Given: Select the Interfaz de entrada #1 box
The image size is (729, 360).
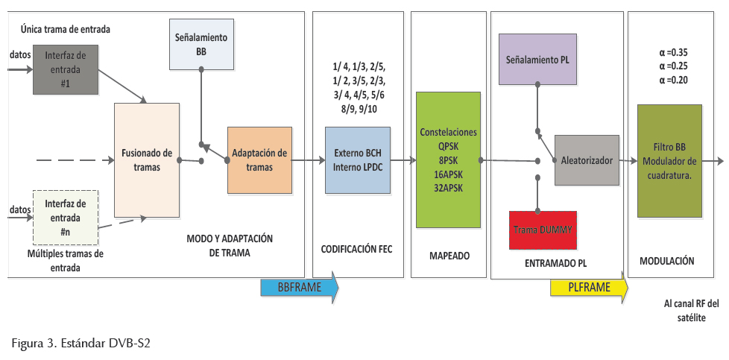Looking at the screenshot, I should pos(65,70).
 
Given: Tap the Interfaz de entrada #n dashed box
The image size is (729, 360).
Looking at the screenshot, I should pos(65,217).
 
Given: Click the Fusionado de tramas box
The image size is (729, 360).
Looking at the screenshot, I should pos(146,160).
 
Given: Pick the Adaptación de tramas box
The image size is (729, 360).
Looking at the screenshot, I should pos(259,160).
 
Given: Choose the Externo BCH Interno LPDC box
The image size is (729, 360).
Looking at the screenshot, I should pos(357,160).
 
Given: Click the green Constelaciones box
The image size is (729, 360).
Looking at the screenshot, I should pos(447,160).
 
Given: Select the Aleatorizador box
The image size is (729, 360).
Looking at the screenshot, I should pos(587,160).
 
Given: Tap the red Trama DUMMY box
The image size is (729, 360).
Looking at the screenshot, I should pos(542,230).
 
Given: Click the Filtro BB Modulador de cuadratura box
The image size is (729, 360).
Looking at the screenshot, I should pos(669,161).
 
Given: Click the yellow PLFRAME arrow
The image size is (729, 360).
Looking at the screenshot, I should pos(589,288).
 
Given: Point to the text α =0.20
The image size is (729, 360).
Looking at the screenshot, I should pos(669,80).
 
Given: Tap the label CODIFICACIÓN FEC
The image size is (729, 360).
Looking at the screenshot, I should pos(356,250).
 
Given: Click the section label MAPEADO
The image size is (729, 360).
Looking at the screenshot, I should pos(449,256).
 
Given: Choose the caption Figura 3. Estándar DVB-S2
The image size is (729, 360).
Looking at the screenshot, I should pos(81,343).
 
